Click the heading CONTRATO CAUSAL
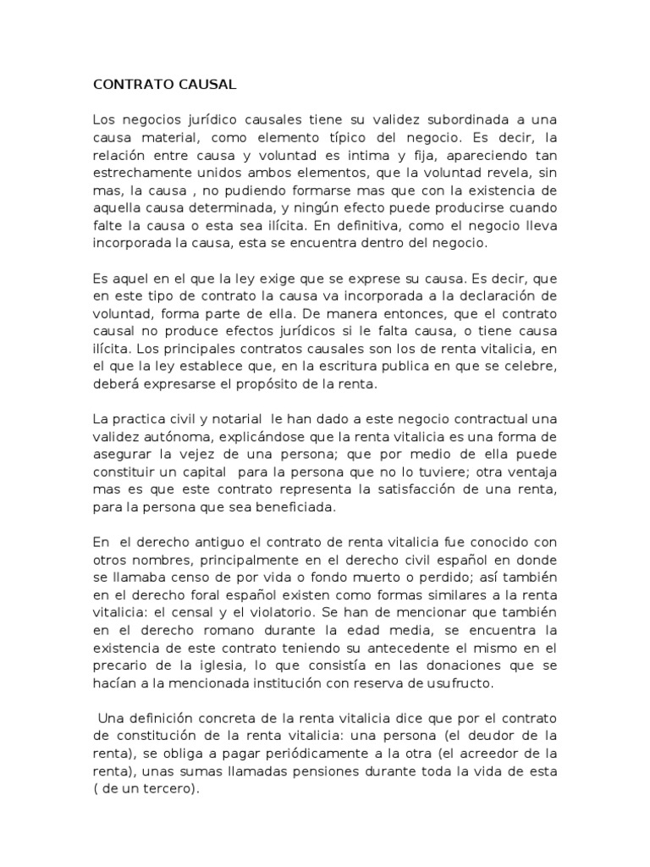(164, 85)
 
